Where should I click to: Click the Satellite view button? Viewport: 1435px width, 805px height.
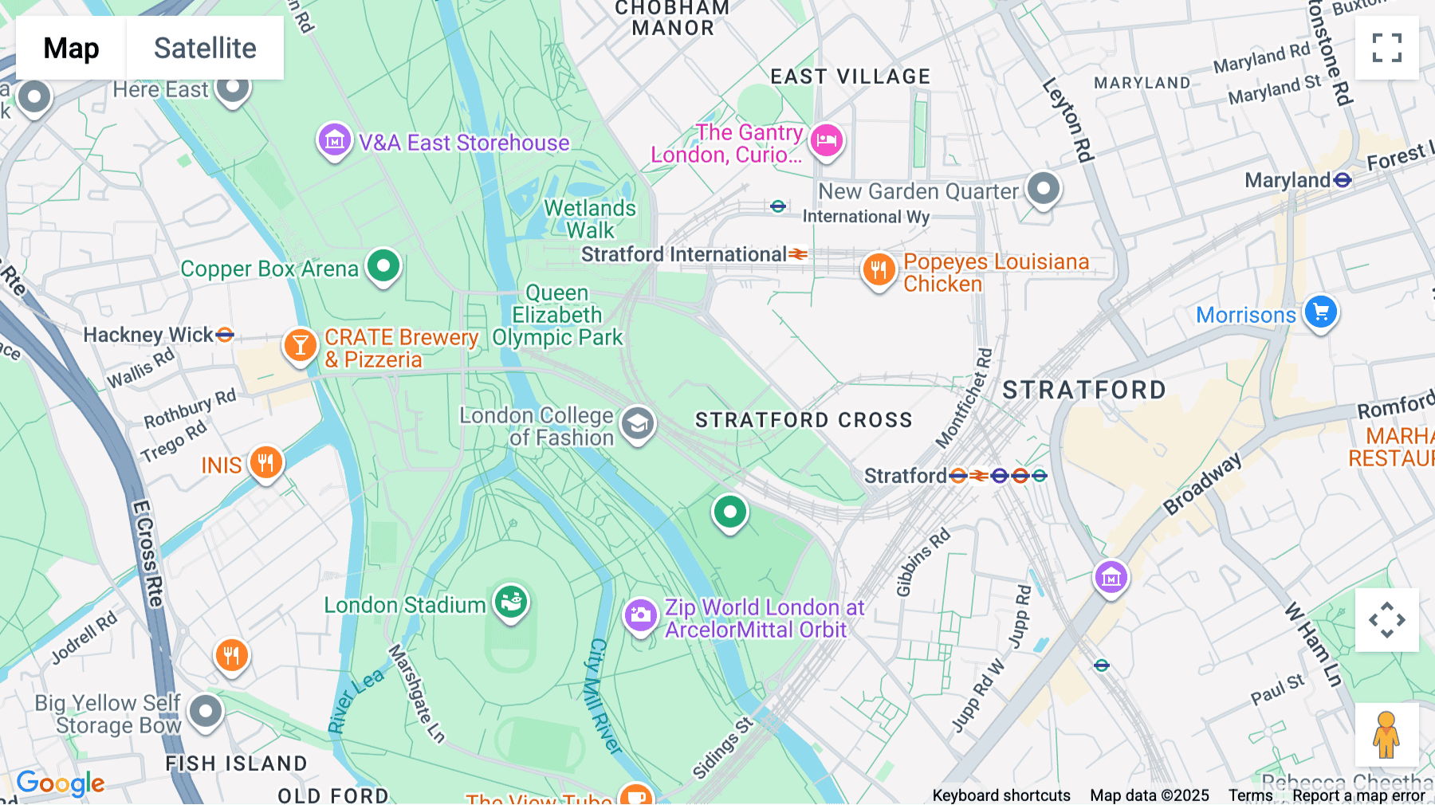point(205,48)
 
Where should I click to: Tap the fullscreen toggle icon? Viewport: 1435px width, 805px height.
point(1386,48)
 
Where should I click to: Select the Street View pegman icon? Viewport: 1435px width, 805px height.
point(1386,735)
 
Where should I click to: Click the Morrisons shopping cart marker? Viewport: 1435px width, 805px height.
point(1320,312)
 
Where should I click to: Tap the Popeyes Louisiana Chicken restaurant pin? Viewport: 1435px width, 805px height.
point(879,270)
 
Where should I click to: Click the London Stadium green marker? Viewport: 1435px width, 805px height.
point(511,602)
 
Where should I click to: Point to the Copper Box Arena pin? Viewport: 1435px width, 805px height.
point(383,265)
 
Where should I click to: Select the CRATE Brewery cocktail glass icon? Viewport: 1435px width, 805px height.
point(301,345)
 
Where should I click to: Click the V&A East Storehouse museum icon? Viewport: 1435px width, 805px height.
point(335,140)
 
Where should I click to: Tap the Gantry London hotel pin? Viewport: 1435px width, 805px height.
point(827,141)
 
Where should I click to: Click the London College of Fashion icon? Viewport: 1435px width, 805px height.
point(637,424)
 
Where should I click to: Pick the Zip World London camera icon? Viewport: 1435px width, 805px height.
point(640,615)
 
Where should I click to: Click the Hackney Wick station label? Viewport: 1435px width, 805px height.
point(148,335)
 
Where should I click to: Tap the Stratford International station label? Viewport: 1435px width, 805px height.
point(683,254)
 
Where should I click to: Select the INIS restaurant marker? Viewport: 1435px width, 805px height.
point(265,462)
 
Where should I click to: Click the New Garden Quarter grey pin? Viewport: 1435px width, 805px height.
point(1043,189)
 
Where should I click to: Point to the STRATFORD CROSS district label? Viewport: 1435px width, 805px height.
point(804,420)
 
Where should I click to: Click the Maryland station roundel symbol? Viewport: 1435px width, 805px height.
point(1343,180)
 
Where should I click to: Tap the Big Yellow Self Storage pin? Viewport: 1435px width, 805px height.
point(206,710)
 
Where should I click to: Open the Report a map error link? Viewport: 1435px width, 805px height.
point(1358,795)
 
